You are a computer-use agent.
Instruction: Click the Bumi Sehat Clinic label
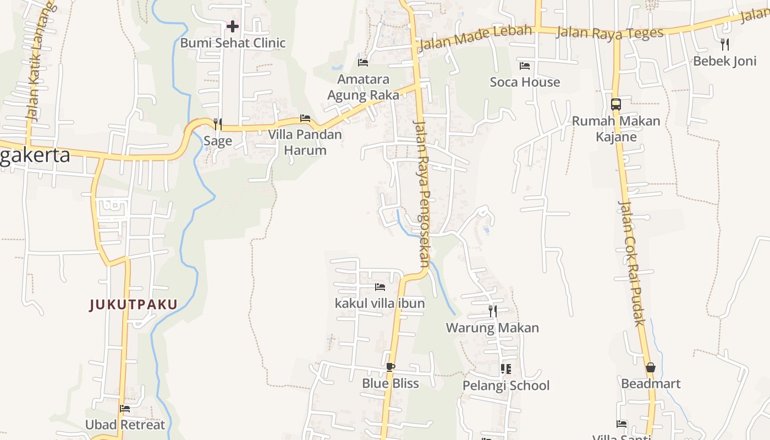click(233, 43)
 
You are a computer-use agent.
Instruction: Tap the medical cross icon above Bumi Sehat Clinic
click(233, 26)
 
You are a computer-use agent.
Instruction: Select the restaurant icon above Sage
click(218, 124)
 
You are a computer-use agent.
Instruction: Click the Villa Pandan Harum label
click(305, 142)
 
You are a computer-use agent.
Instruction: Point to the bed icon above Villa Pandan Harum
click(305, 118)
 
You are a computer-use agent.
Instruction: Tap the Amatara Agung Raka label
click(363, 87)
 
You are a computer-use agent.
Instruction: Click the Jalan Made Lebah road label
click(475, 37)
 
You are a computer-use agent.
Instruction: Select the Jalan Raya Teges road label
click(610, 32)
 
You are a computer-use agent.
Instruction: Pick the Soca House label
click(525, 82)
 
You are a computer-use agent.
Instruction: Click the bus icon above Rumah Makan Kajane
click(616, 104)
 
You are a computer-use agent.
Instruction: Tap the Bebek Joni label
click(724, 61)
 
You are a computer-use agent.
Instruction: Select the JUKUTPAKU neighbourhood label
click(133, 304)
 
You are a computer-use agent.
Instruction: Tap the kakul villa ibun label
click(380, 303)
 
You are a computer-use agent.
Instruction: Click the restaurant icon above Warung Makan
click(492, 311)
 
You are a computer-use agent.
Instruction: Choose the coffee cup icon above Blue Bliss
click(391, 367)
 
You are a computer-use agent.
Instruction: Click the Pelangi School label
click(505, 386)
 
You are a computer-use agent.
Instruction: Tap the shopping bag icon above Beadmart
click(651, 367)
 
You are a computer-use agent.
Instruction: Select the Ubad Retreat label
click(125, 425)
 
